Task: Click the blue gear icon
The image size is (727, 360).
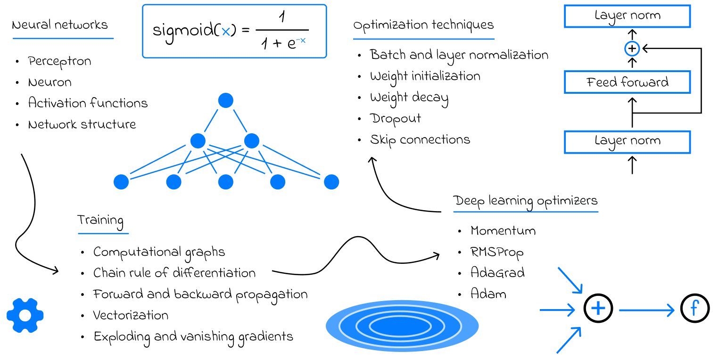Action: coord(25,315)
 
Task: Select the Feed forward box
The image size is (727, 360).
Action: coord(627,82)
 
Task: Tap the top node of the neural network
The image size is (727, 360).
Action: coord(226,100)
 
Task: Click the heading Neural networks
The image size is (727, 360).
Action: coord(60,25)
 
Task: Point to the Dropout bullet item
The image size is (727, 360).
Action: coord(395,118)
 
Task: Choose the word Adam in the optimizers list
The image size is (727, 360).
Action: coord(488,294)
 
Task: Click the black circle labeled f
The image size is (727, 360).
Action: coord(695,309)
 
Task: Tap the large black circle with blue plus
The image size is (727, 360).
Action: coord(598,309)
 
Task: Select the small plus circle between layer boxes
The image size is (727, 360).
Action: coord(632,49)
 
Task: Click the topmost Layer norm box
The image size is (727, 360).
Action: coord(627,16)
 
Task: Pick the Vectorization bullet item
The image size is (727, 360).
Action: coord(131,315)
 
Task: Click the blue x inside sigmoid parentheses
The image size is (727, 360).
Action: coord(226,32)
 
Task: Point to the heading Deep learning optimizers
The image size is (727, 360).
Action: coord(526,201)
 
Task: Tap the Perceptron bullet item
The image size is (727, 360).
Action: coord(59,61)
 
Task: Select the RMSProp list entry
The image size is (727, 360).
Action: coord(497,253)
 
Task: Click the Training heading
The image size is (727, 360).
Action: coord(100,221)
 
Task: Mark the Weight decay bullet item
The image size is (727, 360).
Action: coord(409,98)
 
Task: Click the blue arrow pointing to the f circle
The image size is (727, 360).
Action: coord(647,310)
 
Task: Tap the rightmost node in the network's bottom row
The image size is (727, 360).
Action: coord(331,182)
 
